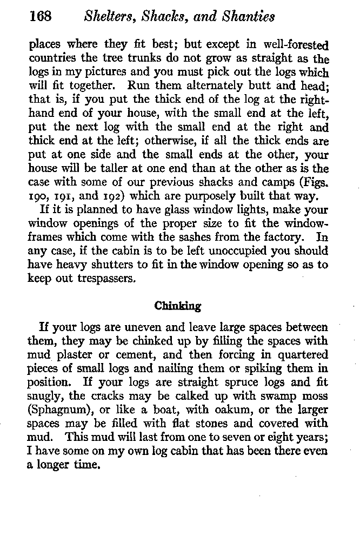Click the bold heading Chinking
[x=178, y=306]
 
